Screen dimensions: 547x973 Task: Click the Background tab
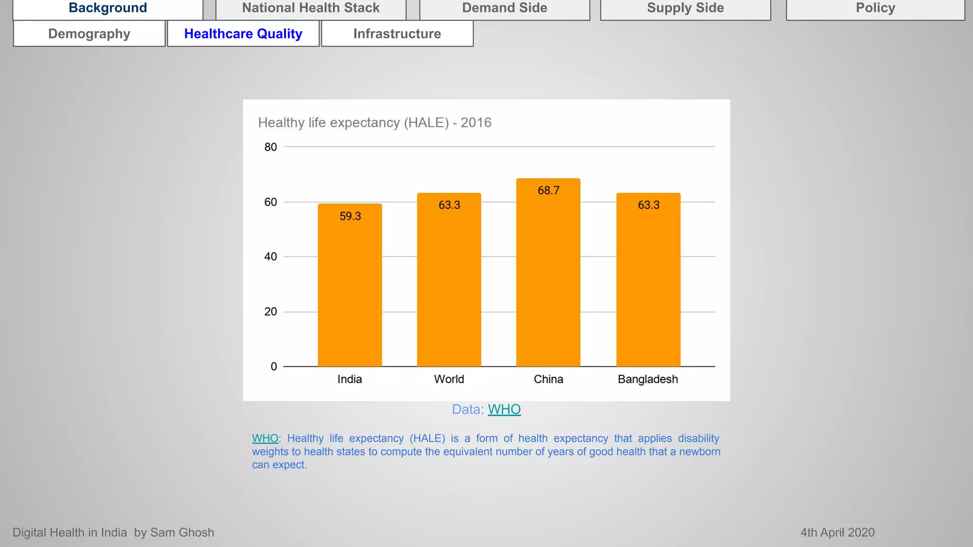pos(108,9)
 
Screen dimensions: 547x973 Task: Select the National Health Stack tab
pos(311,9)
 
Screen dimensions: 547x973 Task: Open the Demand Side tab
pos(505,9)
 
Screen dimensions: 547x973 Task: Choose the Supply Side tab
pos(685,9)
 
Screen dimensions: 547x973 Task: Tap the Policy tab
pos(875,9)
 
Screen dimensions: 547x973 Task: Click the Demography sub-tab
pos(89,34)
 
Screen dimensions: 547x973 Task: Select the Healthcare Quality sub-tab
pos(243,34)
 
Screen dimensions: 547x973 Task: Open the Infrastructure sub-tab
pos(397,34)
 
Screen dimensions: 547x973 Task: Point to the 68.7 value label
pos(548,190)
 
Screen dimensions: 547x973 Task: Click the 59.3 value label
pos(350,216)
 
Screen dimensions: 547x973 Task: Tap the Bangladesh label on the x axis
pos(648,379)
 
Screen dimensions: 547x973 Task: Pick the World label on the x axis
pos(449,379)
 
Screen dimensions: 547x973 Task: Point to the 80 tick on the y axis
pos(270,147)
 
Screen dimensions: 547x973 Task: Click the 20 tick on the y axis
pos(270,312)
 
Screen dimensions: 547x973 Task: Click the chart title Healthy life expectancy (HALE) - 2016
pos(374,123)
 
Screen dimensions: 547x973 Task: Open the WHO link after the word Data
pos(504,409)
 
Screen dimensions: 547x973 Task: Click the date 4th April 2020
pos(837,532)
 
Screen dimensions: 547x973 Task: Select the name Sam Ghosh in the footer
pos(182,532)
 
